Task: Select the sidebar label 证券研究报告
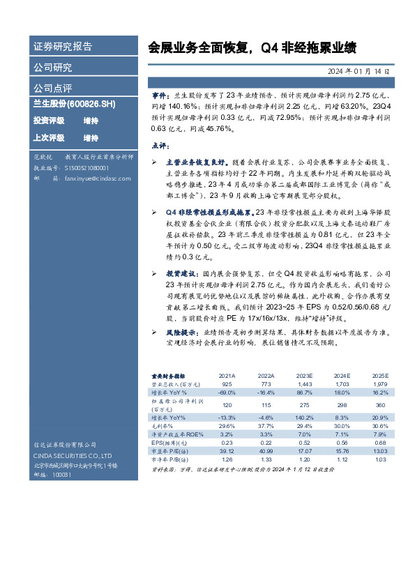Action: point(63,47)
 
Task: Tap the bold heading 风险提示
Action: point(179,335)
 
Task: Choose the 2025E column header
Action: point(379,375)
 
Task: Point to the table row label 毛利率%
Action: point(163,425)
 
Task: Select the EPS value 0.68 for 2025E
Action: point(379,442)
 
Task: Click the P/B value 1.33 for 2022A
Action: point(266,459)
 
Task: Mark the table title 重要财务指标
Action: point(169,375)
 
